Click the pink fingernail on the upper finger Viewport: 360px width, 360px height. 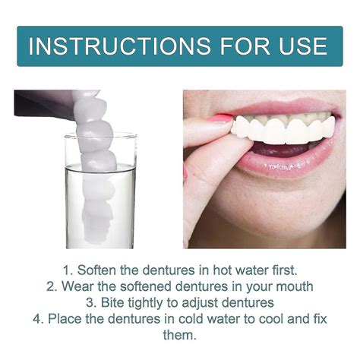tap(219, 119)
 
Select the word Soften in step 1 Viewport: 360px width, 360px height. tap(87, 270)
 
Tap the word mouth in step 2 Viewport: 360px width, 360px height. tap(294, 286)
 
